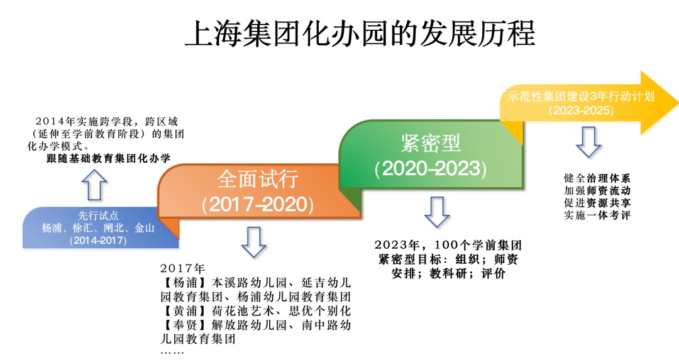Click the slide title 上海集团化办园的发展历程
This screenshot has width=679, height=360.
point(360,33)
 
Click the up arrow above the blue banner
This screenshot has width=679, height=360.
point(94,185)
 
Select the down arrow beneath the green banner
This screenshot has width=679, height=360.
point(437,212)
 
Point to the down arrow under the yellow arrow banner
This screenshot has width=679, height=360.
point(588,142)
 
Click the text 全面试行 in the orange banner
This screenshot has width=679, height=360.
point(258,179)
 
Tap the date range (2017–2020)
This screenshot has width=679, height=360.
point(258,204)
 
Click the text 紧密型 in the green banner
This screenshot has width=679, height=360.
point(431,143)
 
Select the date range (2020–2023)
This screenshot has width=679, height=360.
point(431,168)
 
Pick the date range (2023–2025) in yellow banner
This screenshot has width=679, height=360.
point(581,111)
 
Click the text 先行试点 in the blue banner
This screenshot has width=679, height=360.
point(98,215)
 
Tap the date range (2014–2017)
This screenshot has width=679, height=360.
point(98,240)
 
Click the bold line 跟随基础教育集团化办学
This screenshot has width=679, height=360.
point(109,158)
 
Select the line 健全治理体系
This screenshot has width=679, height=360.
point(597,178)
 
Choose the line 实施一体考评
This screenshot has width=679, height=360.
point(597,215)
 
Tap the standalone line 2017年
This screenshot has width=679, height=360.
point(182,268)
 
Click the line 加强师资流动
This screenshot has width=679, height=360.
point(597,190)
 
